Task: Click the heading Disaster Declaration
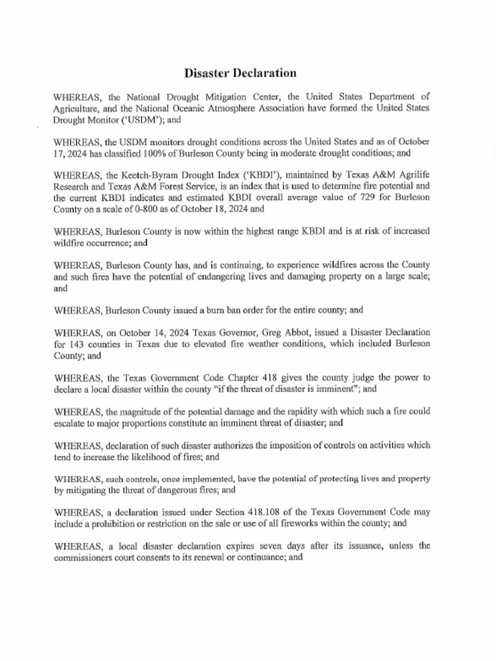pos(240,73)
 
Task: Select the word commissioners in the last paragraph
pos(83,557)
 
